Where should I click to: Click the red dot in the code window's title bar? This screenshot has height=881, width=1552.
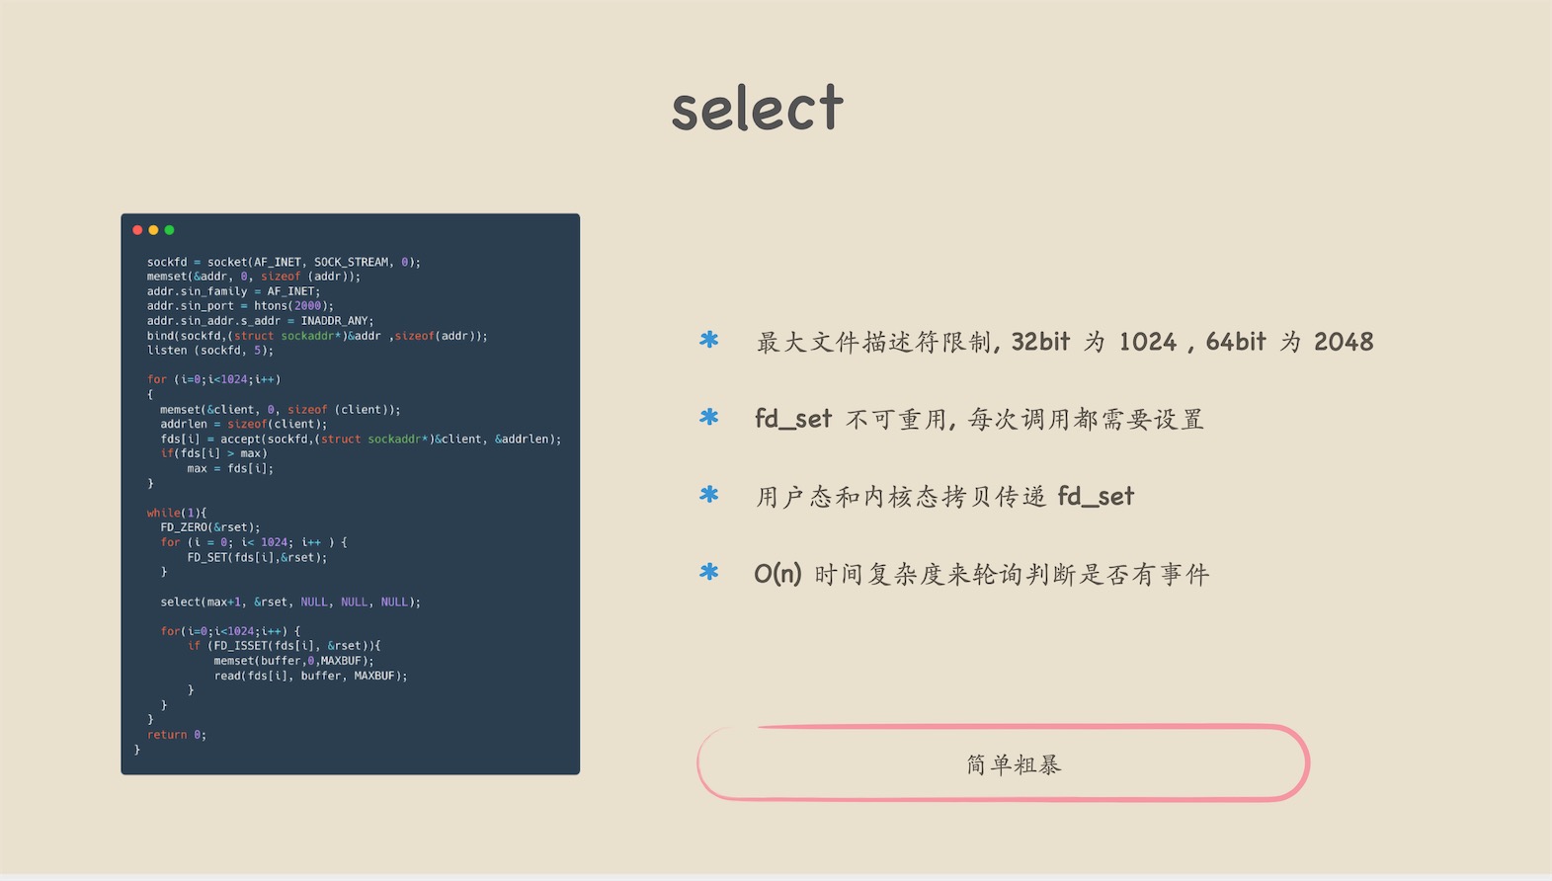[137, 230]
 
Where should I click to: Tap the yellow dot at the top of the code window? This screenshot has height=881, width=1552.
[153, 230]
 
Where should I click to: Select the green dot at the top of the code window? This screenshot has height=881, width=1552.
[169, 230]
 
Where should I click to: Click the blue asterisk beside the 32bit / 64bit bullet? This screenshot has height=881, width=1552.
[708, 340]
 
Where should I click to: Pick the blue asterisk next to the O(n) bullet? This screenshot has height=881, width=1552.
[708, 572]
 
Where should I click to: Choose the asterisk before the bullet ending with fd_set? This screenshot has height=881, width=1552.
[708, 495]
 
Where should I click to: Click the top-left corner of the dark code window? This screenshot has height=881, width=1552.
[122, 214]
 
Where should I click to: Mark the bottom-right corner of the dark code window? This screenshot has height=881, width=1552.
[580, 774]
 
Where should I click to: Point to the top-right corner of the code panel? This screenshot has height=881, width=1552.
[580, 214]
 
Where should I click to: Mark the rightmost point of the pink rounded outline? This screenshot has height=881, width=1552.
[1309, 762]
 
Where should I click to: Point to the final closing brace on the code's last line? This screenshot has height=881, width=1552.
[137, 750]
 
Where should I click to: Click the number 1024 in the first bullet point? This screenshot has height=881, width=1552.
[1148, 342]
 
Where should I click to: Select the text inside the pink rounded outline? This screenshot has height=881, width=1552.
[1014, 764]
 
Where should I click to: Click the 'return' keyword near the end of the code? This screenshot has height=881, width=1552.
[167, 734]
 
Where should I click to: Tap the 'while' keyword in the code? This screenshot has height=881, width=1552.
[164, 513]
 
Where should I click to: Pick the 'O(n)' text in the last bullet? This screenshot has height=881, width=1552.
[777, 574]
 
